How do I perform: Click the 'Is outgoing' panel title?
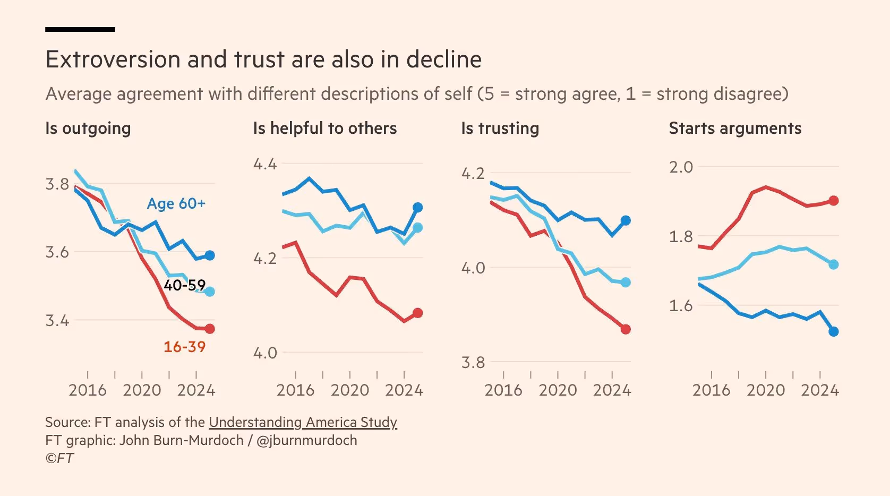[x=88, y=129]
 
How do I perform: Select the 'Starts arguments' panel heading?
[x=735, y=129]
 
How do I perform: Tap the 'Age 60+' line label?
[x=176, y=204]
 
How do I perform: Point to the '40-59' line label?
[x=184, y=285]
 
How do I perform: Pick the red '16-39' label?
[x=184, y=347]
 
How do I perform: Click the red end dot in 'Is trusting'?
[x=626, y=329]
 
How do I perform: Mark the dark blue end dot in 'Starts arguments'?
[x=834, y=331]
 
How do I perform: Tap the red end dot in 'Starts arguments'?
[x=834, y=201]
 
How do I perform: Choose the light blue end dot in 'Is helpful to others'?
[x=418, y=227]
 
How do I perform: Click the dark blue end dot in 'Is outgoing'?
[x=210, y=255]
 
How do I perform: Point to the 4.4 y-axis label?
[x=265, y=164]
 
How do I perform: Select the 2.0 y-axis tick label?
[x=681, y=167]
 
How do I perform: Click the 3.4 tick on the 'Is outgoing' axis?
[x=57, y=321]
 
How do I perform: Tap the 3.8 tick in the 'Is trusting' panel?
[x=473, y=363]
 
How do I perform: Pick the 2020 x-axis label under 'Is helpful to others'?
[x=350, y=390]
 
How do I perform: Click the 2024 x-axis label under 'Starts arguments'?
[x=820, y=390]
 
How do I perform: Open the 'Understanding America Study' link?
[x=303, y=422]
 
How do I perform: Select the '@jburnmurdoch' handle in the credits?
[x=306, y=440]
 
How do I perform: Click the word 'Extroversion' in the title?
[x=113, y=59]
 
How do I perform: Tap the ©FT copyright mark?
[x=59, y=458]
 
